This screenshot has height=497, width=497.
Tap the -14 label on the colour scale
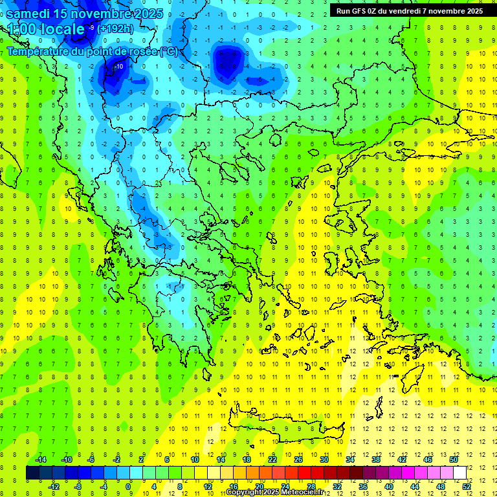41,459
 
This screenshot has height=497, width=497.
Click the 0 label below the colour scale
128,487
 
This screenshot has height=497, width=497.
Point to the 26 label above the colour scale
298,459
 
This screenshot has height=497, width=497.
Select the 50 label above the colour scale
454,459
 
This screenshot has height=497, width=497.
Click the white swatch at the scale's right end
459,473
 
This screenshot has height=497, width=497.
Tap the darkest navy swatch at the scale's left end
33,473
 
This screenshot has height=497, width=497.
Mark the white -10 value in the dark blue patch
119,66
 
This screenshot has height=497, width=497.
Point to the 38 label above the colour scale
376,459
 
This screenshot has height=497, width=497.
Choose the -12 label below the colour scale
54,487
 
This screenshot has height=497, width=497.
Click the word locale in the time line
61,29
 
